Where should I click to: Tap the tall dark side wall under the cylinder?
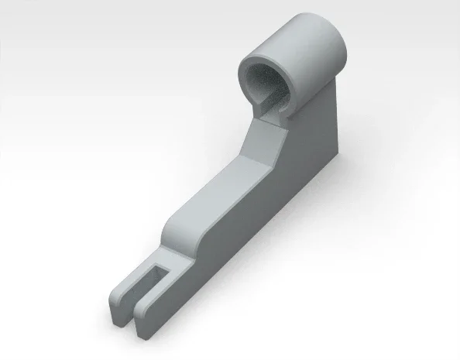[314, 132]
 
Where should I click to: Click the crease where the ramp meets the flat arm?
[246, 159]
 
